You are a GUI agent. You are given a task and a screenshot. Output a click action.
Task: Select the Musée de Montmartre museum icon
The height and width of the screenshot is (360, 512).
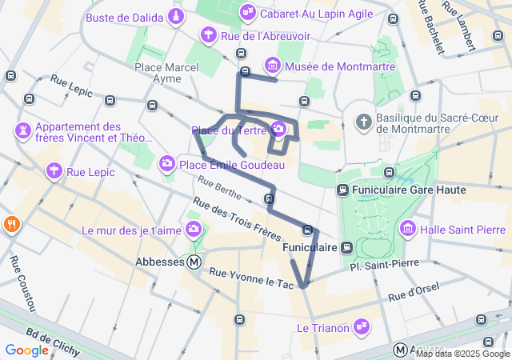[x=273, y=65]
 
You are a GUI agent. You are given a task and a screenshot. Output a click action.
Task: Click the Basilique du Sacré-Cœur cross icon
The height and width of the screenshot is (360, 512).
[x=364, y=122]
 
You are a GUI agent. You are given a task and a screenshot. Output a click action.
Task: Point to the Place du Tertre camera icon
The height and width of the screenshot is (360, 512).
[x=278, y=129]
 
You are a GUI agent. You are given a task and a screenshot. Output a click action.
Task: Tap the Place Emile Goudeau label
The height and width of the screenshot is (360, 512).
[x=233, y=165]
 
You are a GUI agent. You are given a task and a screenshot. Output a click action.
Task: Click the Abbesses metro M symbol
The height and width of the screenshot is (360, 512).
[x=194, y=262]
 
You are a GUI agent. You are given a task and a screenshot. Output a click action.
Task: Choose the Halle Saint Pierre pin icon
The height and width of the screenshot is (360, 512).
[x=408, y=230]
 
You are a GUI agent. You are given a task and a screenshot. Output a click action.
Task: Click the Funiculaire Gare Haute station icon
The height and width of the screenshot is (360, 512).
[x=342, y=190]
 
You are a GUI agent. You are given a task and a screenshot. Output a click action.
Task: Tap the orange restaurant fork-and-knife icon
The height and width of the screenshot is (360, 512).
[x=11, y=224]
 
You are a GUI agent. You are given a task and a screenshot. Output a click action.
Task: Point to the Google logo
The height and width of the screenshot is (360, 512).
[x=26, y=350]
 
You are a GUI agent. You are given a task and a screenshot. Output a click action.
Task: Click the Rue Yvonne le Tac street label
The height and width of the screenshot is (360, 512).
[x=252, y=278]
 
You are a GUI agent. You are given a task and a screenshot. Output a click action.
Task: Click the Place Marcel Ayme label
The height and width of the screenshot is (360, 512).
[x=167, y=73]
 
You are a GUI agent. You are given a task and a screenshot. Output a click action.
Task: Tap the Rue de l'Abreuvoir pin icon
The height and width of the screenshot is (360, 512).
[x=208, y=34]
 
